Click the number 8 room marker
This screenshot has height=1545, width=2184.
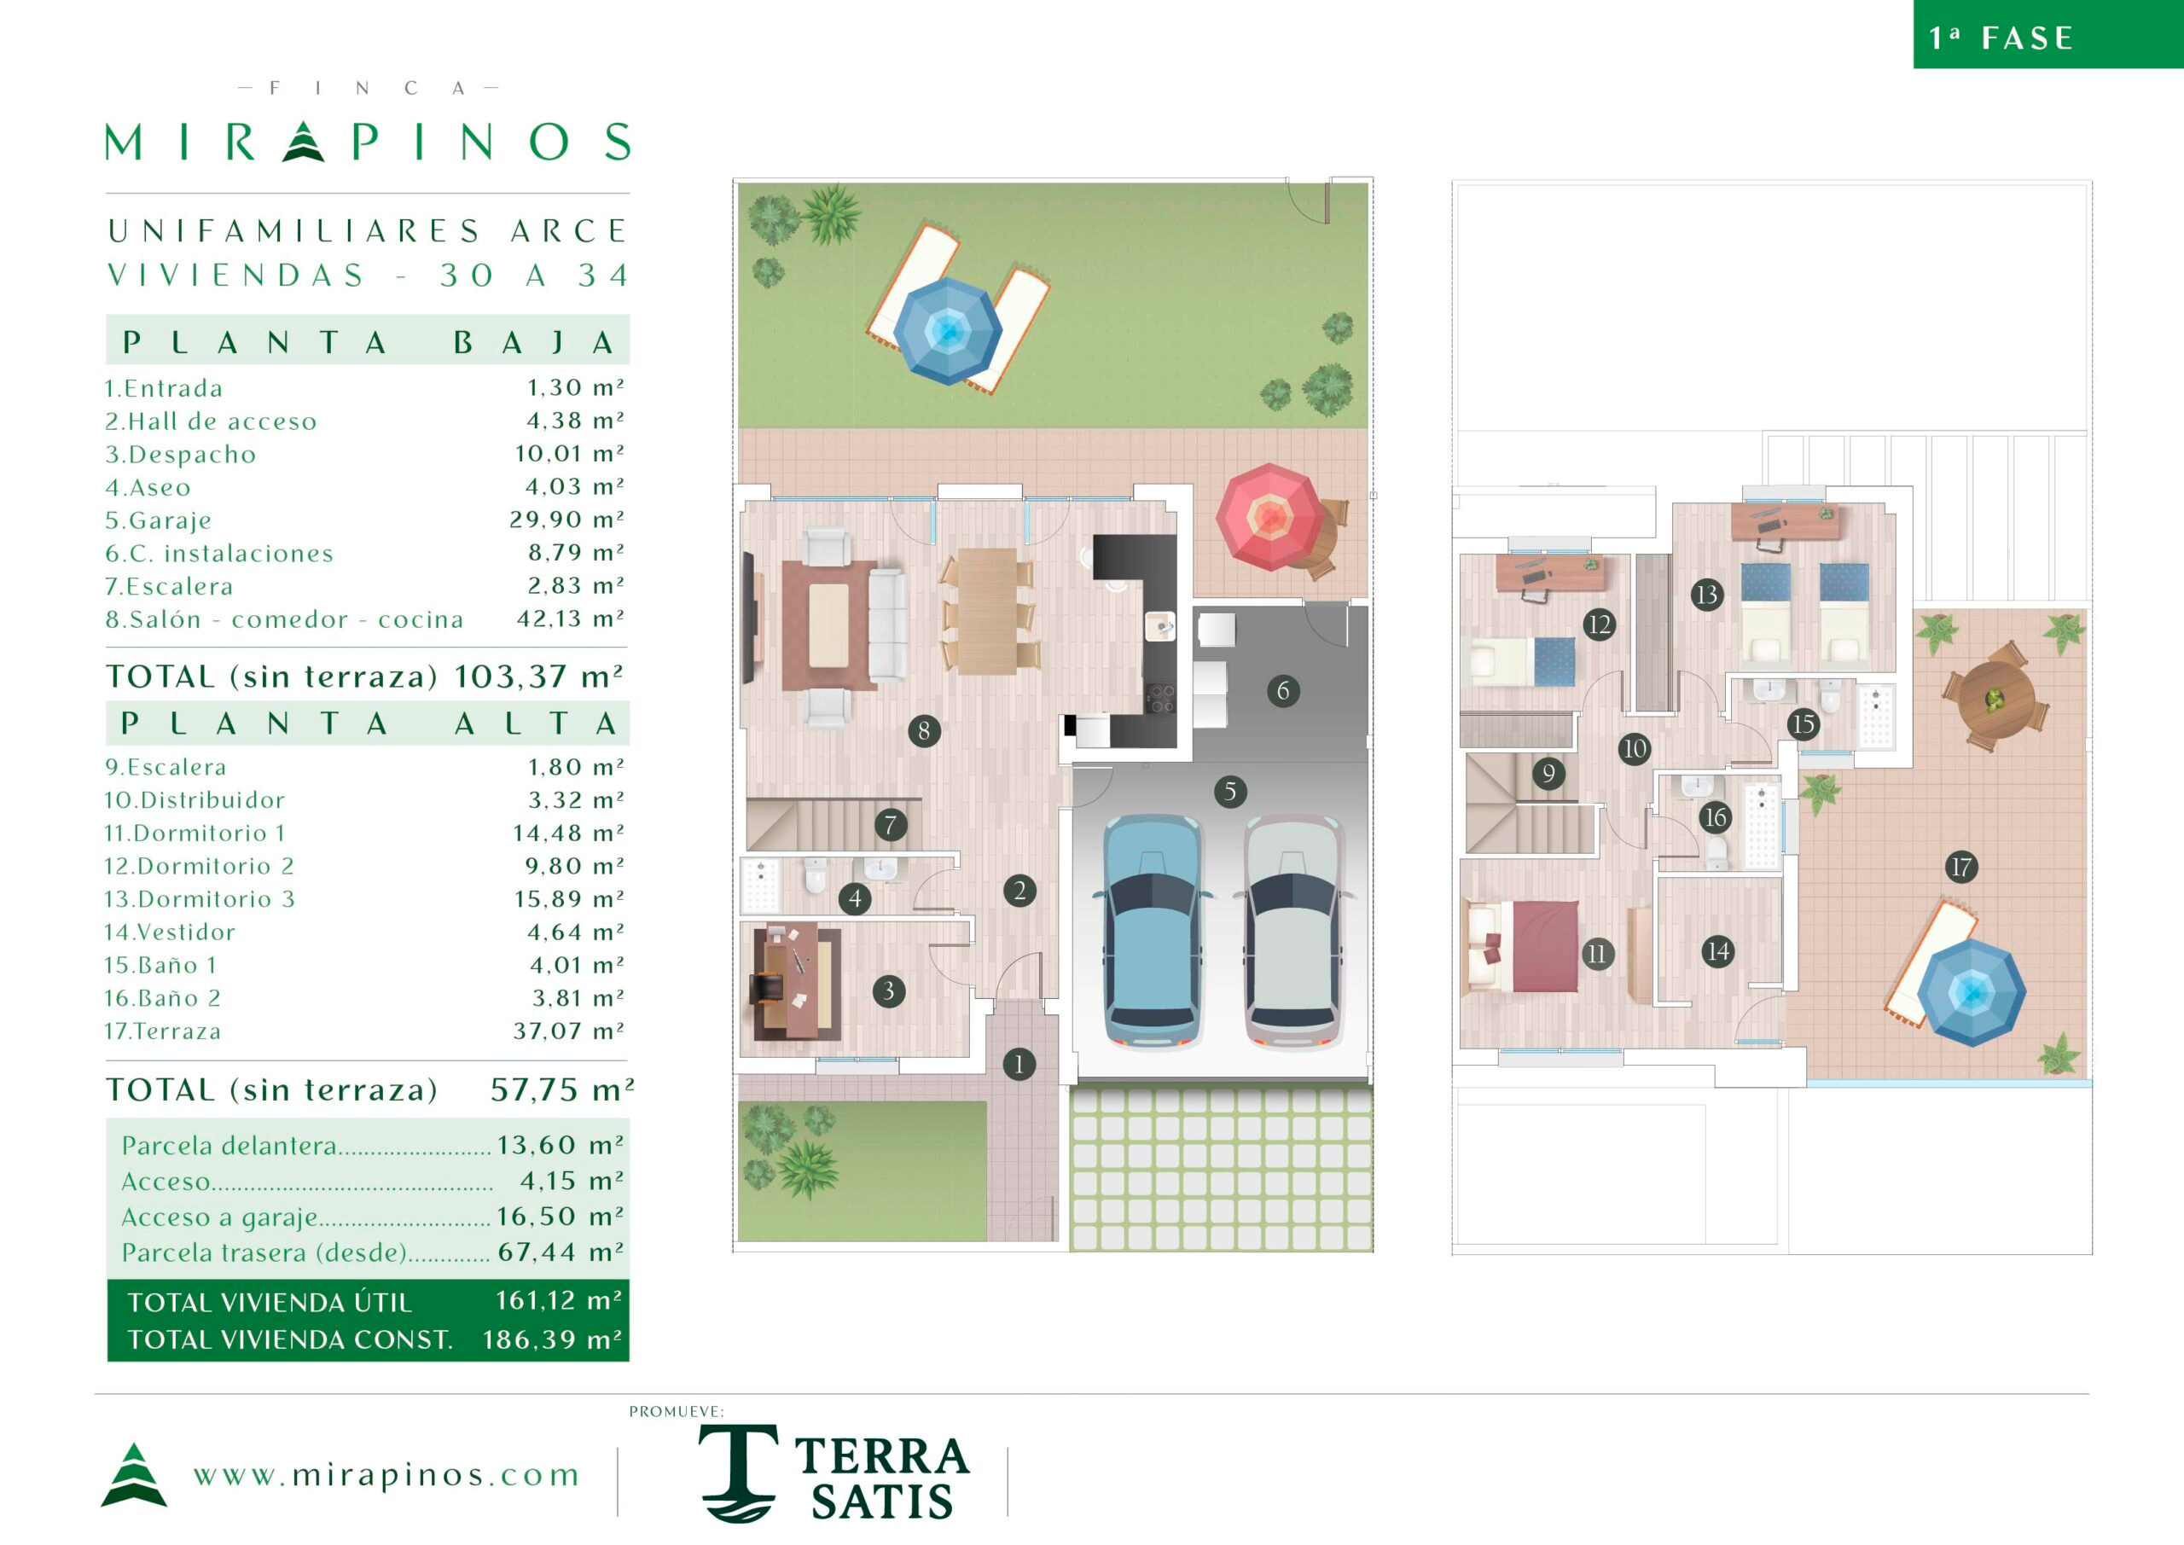924,730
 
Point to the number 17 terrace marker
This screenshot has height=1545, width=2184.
1960,867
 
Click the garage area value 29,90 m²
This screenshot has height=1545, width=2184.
567,520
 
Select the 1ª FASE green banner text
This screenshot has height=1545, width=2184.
2001,38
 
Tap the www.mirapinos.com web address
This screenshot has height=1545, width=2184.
386,1476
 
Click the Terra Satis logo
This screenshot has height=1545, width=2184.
834,1472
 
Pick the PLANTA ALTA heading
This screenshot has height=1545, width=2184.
368,724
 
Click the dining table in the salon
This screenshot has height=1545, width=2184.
986,611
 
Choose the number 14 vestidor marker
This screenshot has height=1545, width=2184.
1717,951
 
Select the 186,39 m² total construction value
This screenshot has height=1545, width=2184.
553,1339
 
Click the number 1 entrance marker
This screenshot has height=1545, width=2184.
1019,1064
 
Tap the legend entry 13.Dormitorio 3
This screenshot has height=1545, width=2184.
200,899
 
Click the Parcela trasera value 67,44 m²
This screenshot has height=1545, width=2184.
561,1252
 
